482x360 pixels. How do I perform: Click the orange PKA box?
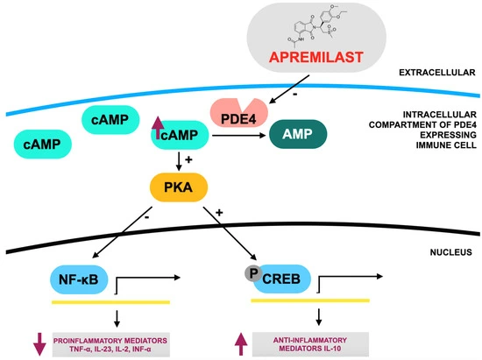click(x=178, y=185)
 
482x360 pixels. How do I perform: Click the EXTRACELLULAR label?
click(x=435, y=73)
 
